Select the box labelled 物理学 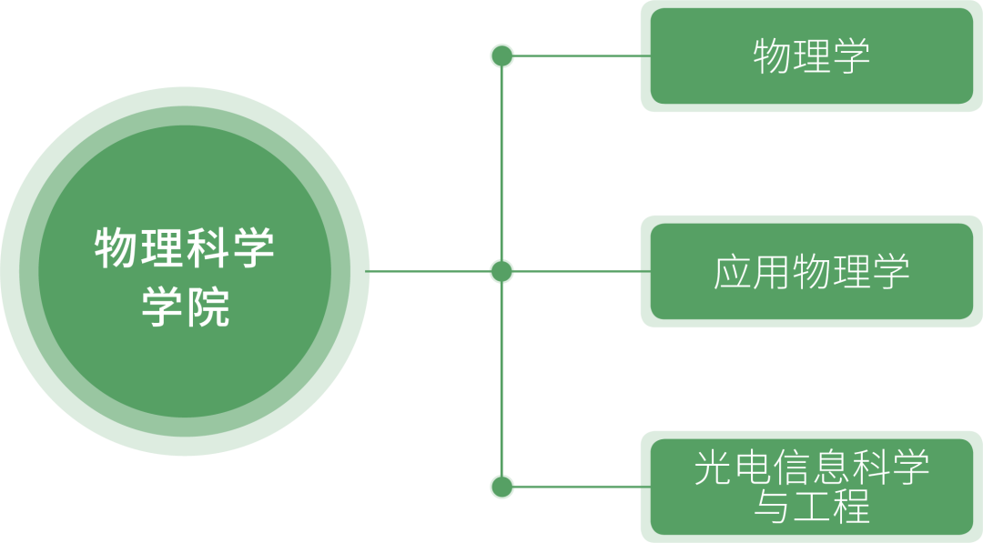pyautogui.click(x=811, y=56)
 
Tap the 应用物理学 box pyautogui.click(x=811, y=271)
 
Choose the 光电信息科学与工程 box pyautogui.click(x=811, y=487)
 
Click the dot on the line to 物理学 pyautogui.click(x=502, y=56)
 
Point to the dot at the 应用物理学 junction pyautogui.click(x=502, y=271)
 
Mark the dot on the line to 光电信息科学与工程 pyautogui.click(x=502, y=487)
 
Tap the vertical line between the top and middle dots pyautogui.click(x=502, y=164)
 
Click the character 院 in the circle pyautogui.click(x=208, y=307)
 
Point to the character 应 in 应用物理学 pyautogui.click(x=732, y=271)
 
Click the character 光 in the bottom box pyautogui.click(x=712, y=468)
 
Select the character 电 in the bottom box pyautogui.click(x=752, y=468)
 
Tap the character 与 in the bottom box pyautogui.click(x=772, y=506)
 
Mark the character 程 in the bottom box pyautogui.click(x=851, y=506)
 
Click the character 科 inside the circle pyautogui.click(x=208, y=248)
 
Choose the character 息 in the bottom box pyautogui.click(x=831, y=468)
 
